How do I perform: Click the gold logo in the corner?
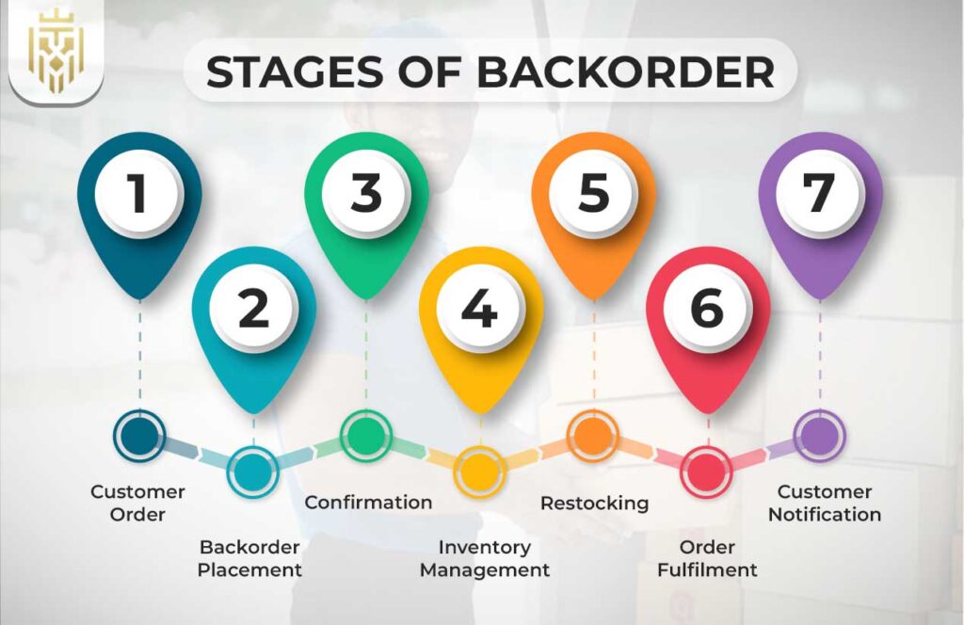coord(56,54)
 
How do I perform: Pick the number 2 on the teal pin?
coord(253,309)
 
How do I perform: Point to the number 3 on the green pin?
coord(366,193)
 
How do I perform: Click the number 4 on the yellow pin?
coord(480,309)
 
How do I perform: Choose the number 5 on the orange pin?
coord(593,193)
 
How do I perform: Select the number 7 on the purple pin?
coord(820,193)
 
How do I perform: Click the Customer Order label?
coord(137,503)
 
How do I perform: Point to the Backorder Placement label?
coord(249,558)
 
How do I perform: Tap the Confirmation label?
coord(368,502)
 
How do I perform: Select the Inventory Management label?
coord(485,558)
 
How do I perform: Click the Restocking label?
coord(594,503)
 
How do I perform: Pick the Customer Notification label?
coord(825,503)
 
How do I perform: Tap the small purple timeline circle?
coord(819,436)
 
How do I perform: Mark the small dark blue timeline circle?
coord(139,436)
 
